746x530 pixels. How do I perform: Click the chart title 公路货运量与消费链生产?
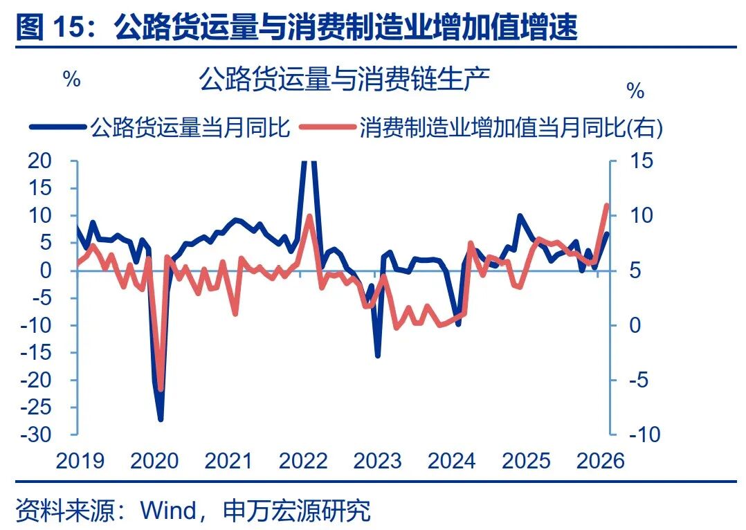coord(344,80)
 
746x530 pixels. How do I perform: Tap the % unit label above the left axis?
coord(72,79)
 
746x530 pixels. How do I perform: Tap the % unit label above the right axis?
coord(635,91)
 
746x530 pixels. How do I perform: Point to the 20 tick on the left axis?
coord(40,161)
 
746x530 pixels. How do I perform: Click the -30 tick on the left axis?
coord(36,435)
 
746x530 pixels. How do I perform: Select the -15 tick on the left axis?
coord(36,353)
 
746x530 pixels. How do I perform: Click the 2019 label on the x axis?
coord(80,460)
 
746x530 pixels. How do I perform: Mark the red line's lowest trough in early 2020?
coord(161,390)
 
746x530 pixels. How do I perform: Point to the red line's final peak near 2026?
coord(607,205)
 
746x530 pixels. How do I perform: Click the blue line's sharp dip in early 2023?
coord(378,356)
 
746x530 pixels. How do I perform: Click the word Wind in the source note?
coord(168,511)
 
